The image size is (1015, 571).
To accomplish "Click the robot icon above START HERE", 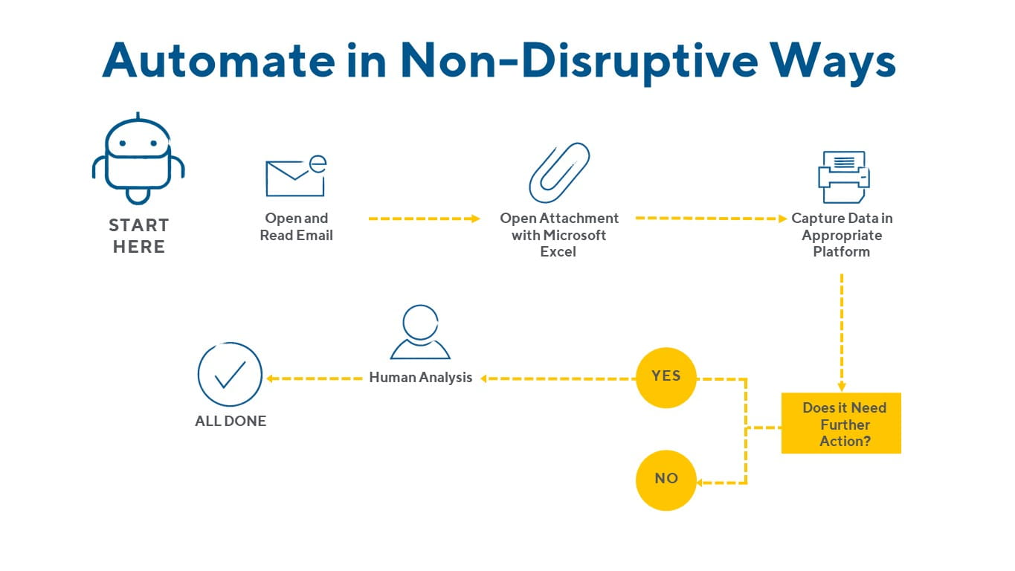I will pyautogui.click(x=138, y=158).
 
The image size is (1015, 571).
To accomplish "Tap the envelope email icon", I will pyautogui.click(x=295, y=176).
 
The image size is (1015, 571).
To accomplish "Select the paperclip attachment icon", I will pyautogui.click(x=559, y=172).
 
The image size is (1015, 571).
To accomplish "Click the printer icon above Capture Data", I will pyautogui.click(x=843, y=177).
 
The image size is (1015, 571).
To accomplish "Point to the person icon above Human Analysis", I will pyautogui.click(x=420, y=332).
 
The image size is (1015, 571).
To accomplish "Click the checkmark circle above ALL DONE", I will pyautogui.click(x=230, y=374).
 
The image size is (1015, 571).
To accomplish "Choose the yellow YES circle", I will pyautogui.click(x=666, y=376).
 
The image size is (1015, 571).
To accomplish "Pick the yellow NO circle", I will pyautogui.click(x=666, y=479).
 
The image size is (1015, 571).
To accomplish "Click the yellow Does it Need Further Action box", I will pyautogui.click(x=841, y=424).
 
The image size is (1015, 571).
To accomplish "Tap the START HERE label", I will pyautogui.click(x=139, y=236).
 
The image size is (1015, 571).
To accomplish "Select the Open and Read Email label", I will pyautogui.click(x=296, y=227).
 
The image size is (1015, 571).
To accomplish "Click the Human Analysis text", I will pyautogui.click(x=421, y=378).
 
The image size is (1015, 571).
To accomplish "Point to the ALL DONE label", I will pyautogui.click(x=231, y=421).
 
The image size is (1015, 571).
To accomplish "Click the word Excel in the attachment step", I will pyautogui.click(x=558, y=251).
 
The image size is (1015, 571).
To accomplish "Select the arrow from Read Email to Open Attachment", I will pyautogui.click(x=425, y=219).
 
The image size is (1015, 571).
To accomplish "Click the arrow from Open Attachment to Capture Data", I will pyautogui.click(x=711, y=219).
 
